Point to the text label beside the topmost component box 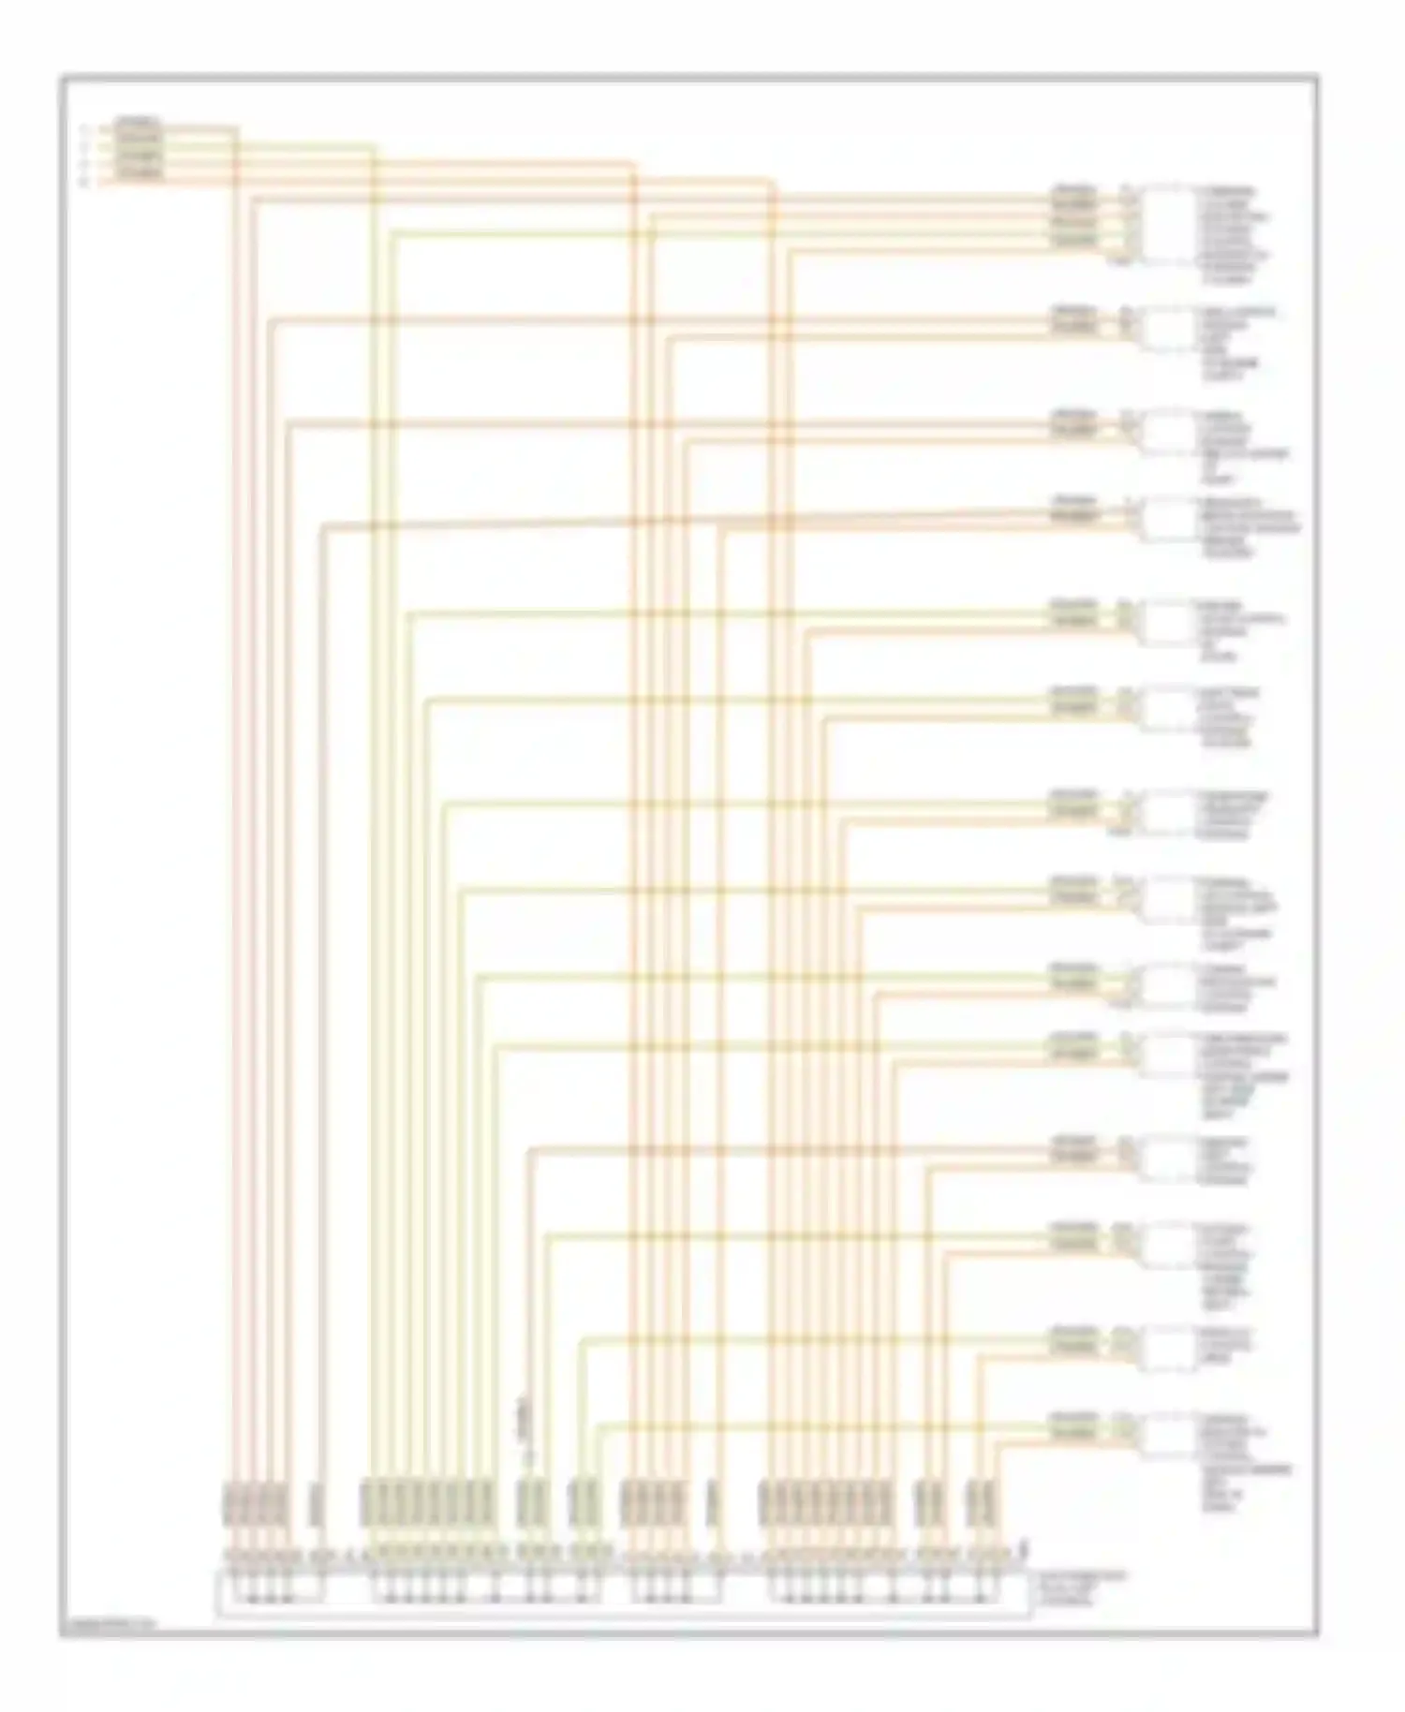[x=1235, y=234]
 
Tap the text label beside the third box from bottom [x=1236, y=1264]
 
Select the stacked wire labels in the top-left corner [x=139, y=149]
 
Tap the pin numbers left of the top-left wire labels [x=84, y=155]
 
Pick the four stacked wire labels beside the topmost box [x=1073, y=216]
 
